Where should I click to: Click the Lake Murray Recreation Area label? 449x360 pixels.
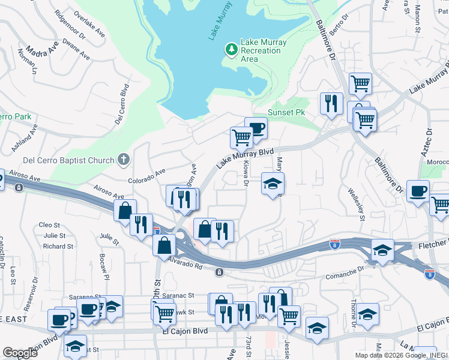coord(264,50)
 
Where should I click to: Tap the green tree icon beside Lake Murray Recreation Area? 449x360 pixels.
coord(231,49)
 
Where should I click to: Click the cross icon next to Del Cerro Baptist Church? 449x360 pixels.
coord(123,159)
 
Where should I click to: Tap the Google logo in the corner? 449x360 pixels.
coord(20,353)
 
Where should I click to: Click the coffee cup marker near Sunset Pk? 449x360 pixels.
coord(256,127)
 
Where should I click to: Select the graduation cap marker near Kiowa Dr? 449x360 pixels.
coord(273,184)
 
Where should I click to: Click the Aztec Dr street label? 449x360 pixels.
coord(426,148)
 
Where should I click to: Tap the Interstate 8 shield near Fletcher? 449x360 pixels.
coord(335,244)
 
